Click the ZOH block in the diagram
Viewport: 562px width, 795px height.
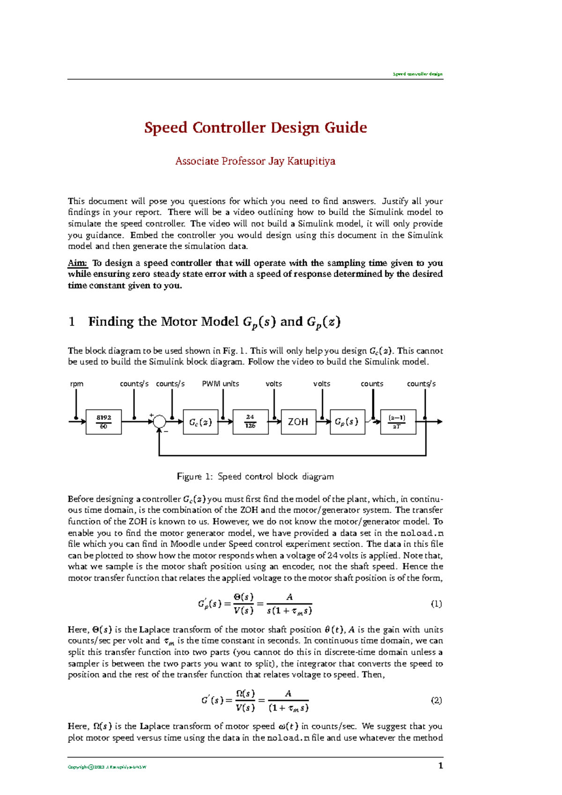point(298,422)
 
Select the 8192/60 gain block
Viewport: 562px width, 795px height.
point(104,422)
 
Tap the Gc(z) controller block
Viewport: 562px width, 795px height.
point(200,422)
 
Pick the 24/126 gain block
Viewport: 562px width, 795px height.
point(251,422)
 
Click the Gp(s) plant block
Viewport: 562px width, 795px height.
point(347,422)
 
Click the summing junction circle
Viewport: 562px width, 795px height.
point(160,421)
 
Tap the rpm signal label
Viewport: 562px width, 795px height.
point(76,383)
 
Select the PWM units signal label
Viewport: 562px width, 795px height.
point(220,383)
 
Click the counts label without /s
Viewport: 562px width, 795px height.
point(372,383)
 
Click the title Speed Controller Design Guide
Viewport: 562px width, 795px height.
point(255,127)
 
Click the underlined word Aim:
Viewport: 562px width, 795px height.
point(78,263)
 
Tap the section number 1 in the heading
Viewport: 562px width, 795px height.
point(72,322)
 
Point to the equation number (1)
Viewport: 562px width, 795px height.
point(436,604)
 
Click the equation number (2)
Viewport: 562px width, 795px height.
point(436,700)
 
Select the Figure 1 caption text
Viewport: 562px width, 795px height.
point(255,477)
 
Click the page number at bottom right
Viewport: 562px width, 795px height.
point(440,766)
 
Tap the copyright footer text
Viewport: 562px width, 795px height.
point(107,767)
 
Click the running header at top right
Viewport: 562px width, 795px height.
point(417,74)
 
